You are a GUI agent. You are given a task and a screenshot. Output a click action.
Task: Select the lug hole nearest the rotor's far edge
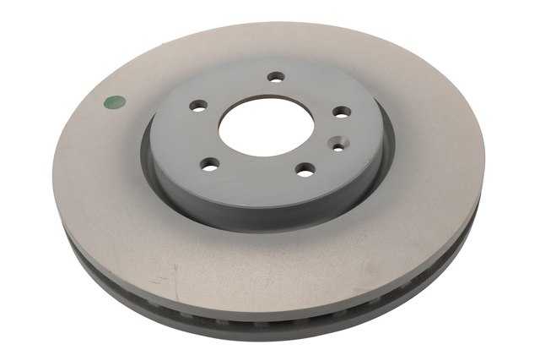pos(274,77)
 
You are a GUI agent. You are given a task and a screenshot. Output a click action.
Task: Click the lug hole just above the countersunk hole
pos(341,112)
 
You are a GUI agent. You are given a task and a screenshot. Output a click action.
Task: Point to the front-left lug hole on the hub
pos(210,163)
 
